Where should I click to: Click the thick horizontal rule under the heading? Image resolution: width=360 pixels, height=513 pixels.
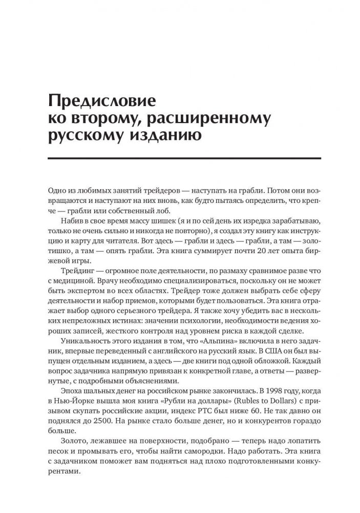coord(180,158)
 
